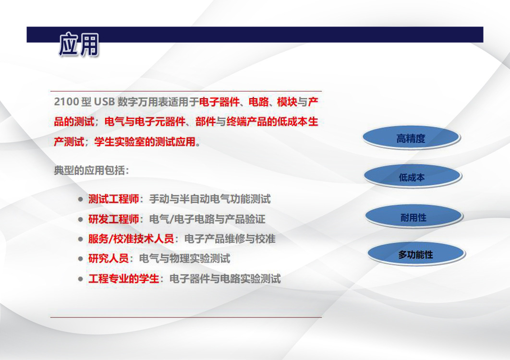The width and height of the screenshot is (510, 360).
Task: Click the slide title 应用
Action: [79, 44]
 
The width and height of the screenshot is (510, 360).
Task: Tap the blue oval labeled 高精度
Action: [411, 138]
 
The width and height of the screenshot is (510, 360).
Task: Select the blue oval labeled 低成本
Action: [413, 176]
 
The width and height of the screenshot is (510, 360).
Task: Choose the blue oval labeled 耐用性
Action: [414, 216]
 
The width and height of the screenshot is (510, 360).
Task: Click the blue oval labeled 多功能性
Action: [416, 253]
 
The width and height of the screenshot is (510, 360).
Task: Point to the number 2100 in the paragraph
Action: [66, 102]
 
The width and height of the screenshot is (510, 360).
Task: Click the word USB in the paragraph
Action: [104, 102]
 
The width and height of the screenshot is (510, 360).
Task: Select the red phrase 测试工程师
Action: [113, 199]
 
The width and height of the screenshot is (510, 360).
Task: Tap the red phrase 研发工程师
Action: [113, 219]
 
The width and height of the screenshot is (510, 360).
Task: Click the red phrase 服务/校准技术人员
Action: [131, 239]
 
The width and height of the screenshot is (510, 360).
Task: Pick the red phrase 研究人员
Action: [109, 259]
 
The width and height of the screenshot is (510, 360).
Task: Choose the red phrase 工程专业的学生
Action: [123, 279]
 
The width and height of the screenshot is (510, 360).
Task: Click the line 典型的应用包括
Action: [91, 170]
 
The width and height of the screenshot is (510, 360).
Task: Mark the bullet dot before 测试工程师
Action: [81, 199]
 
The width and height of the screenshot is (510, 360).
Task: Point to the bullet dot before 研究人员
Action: [81, 259]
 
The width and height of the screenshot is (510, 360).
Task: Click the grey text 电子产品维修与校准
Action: [230, 239]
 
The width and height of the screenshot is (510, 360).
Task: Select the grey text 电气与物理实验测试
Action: [184, 259]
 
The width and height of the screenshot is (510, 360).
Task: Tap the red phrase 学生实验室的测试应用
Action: [145, 142]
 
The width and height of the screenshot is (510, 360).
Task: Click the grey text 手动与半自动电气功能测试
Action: [210, 199]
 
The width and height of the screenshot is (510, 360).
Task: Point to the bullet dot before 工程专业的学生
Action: [81, 279]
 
